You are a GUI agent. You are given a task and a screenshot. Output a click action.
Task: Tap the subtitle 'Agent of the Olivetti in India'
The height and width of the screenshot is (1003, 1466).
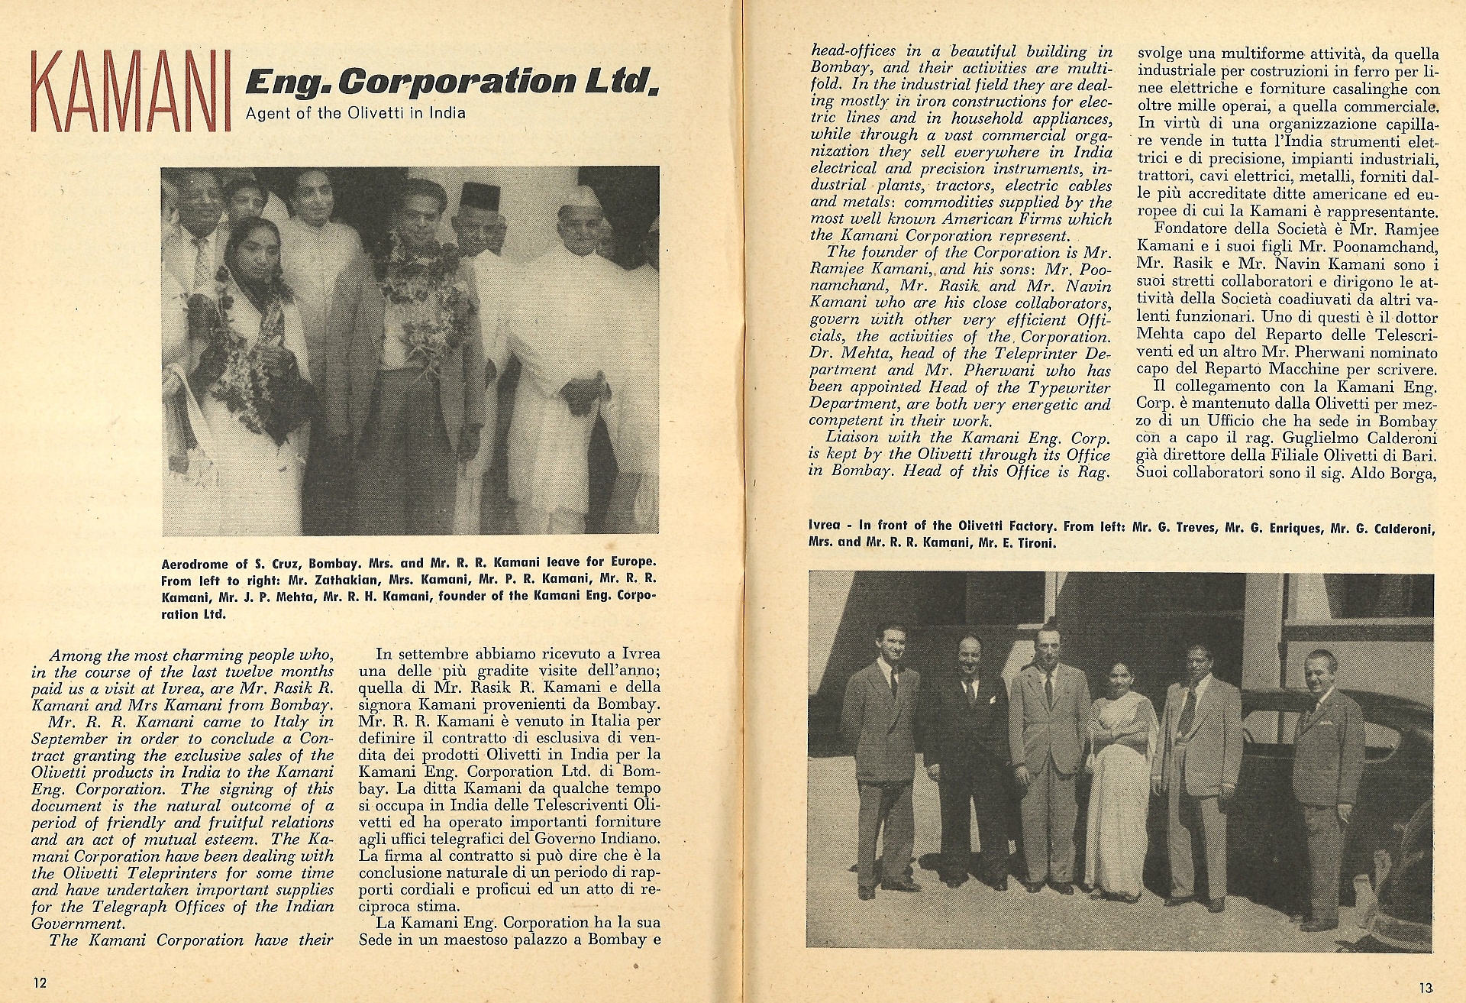pyautogui.click(x=355, y=114)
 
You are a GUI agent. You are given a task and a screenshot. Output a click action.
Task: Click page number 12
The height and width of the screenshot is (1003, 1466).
pyautogui.click(x=40, y=981)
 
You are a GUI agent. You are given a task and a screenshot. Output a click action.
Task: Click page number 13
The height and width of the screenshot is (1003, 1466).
pyautogui.click(x=1425, y=987)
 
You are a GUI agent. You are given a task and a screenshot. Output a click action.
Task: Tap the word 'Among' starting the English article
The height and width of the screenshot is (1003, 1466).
pyautogui.click(x=69, y=655)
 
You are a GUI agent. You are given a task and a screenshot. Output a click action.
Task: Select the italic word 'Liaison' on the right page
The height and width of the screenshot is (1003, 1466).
pyautogui.click(x=852, y=438)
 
